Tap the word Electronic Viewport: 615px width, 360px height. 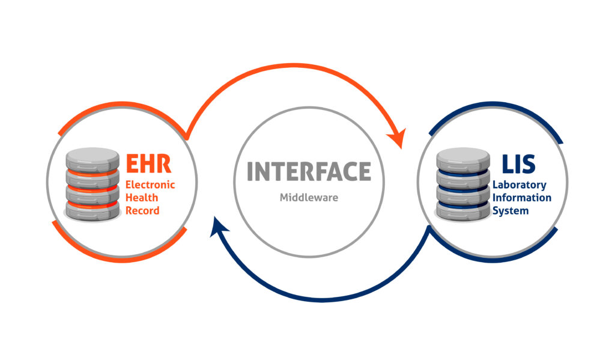coord(150,185)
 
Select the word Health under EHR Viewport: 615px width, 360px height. coord(139,198)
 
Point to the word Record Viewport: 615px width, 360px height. coord(142,210)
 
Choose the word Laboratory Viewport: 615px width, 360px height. coord(520,185)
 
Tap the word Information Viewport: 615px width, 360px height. coord(522,198)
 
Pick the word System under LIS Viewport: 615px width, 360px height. coord(510,210)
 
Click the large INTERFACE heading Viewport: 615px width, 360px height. coord(309,172)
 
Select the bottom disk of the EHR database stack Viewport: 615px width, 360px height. coord(91,210)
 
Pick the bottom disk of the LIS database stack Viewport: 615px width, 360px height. coord(463,210)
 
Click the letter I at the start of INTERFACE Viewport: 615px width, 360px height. coord(250,172)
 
